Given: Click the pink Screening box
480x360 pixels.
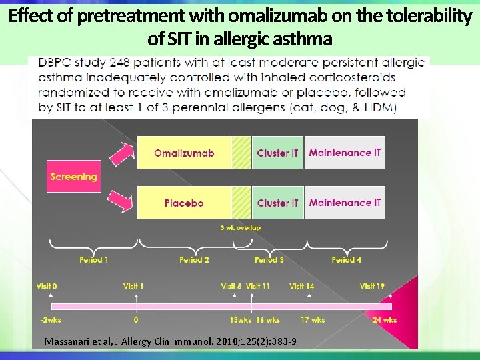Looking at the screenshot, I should (x=73, y=177).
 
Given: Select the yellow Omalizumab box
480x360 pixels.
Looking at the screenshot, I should (x=184, y=153).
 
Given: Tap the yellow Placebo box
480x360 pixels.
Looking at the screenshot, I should (x=184, y=203).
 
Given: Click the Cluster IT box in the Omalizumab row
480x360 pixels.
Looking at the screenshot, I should (x=277, y=153).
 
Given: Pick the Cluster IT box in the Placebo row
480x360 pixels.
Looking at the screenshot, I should (x=277, y=203).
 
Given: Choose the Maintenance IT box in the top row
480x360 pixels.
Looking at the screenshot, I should (x=345, y=153).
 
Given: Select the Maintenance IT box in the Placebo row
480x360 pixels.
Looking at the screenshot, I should (x=345, y=203).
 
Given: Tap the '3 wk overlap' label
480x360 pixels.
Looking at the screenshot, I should (x=240, y=227).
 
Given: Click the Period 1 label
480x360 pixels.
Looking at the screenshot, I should (x=93, y=259).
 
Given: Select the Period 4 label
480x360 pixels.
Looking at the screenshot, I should (x=346, y=259).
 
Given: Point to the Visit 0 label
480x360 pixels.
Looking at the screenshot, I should (x=46, y=286).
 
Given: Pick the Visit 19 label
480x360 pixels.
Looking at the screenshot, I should (x=372, y=286).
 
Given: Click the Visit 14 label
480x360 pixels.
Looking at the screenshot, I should (x=301, y=286).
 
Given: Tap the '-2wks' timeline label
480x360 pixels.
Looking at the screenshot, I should (x=50, y=320).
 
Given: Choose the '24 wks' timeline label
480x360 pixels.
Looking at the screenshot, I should (x=385, y=320).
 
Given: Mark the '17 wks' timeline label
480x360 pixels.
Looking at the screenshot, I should (x=313, y=320).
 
